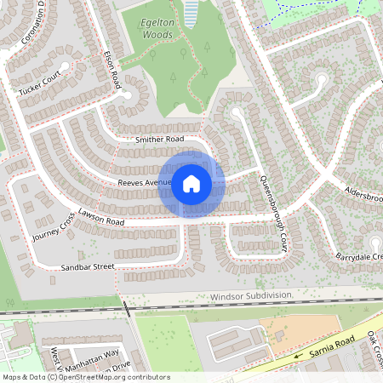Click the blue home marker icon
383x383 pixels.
pos(191,183)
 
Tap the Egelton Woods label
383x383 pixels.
pos(146,36)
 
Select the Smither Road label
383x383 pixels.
pos(159,138)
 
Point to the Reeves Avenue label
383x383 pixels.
pos(145,182)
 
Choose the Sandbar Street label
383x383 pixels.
pos(87,266)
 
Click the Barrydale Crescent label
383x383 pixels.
pos(358,256)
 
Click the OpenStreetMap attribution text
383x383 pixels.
pos(86,376)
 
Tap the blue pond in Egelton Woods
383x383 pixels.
pos(191,11)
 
